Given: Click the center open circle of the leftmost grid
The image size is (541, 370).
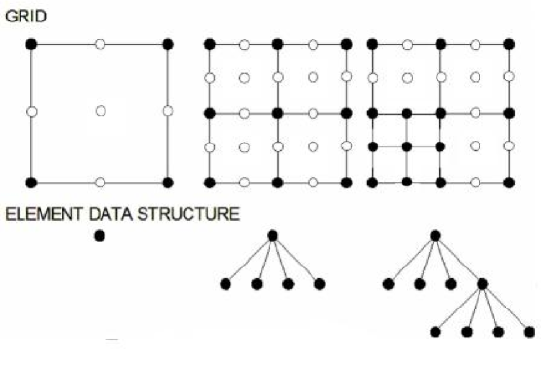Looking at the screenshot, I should coord(100,111).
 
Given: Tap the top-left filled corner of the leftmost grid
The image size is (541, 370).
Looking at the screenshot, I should coord(31,44).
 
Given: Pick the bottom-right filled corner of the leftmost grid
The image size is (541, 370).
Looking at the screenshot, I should coord(168,182).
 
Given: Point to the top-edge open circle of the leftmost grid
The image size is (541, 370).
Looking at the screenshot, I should coord(100,44).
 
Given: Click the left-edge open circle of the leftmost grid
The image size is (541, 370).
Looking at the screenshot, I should coord(31,112).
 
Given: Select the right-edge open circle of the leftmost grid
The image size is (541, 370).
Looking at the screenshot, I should coord(168,111).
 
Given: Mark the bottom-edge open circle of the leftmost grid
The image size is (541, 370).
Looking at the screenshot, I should coord(100,182).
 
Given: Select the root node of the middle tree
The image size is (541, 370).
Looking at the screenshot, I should coord(272,234).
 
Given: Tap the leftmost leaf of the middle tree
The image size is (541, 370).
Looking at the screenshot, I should coord(226,284).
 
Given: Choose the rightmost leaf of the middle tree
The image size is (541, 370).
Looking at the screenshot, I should coord(319,284).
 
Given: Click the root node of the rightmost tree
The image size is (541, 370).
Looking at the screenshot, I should coord(436,234).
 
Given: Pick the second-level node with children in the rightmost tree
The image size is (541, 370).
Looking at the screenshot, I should coord(482,284).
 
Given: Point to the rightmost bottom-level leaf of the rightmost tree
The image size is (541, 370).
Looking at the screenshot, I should coord(529,332).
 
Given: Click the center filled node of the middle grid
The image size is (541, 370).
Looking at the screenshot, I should coord(278,112).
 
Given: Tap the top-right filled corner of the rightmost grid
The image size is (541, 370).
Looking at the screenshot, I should coord(509,44).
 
